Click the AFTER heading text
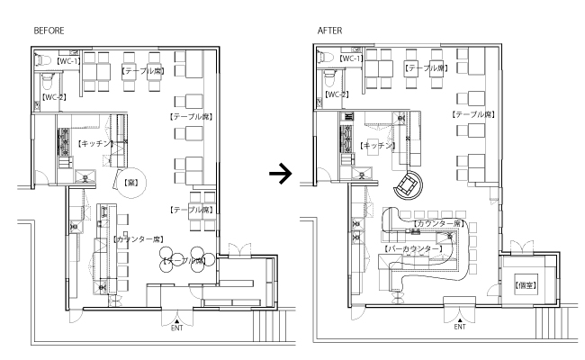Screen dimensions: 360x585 tap(329, 31)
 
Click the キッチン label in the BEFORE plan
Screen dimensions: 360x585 tap(96, 143)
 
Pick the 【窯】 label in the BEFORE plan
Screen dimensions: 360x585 tap(125, 181)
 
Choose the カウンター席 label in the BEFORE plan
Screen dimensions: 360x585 tap(139, 239)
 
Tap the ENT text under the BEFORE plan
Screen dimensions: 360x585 tap(177, 328)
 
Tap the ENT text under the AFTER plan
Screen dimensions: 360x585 tap(460, 328)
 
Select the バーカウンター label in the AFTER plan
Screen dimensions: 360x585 tap(414, 247)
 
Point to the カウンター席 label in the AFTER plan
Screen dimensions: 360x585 tap(438, 222)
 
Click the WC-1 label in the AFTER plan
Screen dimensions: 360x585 tap(351, 58)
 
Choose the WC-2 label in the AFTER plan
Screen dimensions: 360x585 tap(337, 94)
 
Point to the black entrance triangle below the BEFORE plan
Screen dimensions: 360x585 tap(177, 319)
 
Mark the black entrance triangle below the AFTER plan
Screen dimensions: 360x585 tap(460, 319)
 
